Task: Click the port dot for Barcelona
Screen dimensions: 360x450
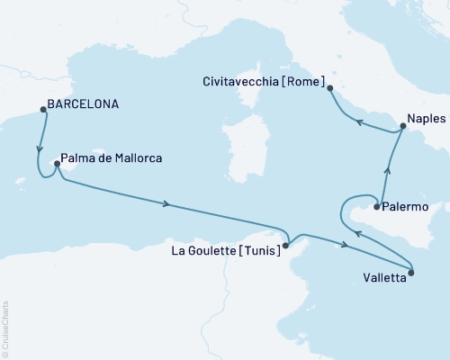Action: pyautogui.click(x=42, y=111)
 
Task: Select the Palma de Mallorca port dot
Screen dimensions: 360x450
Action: pyautogui.click(x=57, y=164)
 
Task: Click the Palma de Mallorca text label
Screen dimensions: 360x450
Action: pyautogui.click(x=113, y=157)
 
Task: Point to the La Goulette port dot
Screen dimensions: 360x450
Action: pyautogui.click(x=285, y=245)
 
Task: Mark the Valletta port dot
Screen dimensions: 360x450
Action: pyautogui.click(x=411, y=272)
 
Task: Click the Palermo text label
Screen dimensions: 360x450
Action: pyautogui.click(x=404, y=207)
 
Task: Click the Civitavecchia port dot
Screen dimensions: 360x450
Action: pyautogui.click(x=329, y=88)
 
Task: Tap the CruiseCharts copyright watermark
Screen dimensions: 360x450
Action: pyautogui.click(x=5, y=329)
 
